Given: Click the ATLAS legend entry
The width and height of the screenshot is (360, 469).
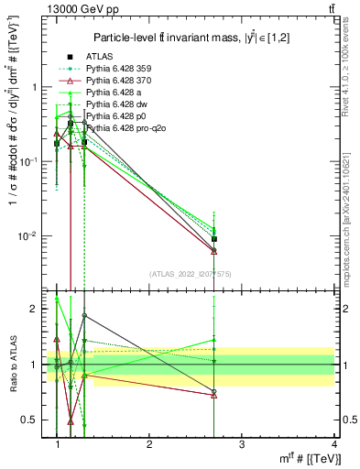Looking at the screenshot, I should point(100,57).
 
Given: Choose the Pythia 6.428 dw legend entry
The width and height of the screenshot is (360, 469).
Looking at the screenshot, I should point(115,104).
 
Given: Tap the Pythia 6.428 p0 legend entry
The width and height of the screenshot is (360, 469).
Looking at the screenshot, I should point(115,116).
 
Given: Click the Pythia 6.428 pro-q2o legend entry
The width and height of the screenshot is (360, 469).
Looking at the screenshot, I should point(122,128).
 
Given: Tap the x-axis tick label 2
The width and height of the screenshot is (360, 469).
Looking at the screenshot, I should point(149,443).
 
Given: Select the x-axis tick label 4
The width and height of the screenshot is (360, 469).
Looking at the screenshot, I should point(333,443).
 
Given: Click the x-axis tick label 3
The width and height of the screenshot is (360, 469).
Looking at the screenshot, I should point(241,443).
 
